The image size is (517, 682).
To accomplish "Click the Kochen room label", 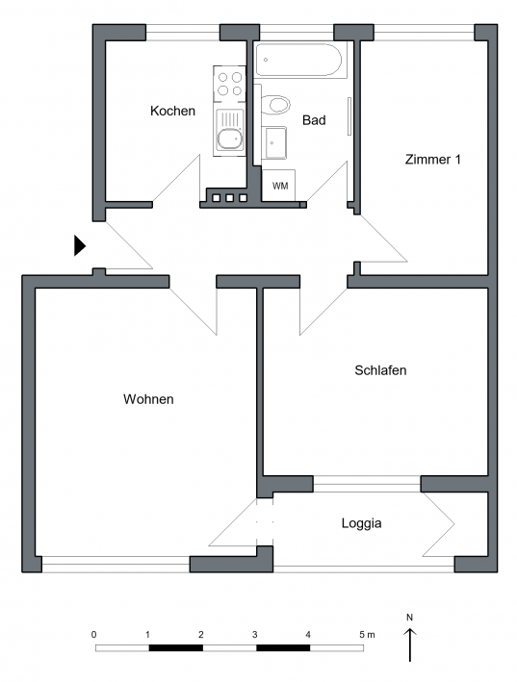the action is pos(172,111).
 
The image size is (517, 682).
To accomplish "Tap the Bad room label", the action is pos(314,120).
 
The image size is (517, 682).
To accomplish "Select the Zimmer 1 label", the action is pos(432,159).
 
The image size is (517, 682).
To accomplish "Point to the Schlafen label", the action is pos(380,370).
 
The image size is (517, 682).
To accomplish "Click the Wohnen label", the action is pos(148,399).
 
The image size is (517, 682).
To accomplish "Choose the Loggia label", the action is pos(361,523).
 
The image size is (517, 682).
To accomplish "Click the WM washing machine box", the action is pos(279,186).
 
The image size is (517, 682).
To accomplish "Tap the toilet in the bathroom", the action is pos(275,105).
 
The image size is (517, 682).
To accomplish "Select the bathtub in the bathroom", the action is pos(299,60).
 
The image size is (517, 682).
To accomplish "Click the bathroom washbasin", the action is pos(276,142).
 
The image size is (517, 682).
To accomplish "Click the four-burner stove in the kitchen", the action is pos(229,84).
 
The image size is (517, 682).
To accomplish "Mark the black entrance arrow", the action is pos(80,245).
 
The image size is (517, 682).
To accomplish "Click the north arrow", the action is pos(409,644).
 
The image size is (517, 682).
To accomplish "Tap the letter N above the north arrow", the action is pos(409,618).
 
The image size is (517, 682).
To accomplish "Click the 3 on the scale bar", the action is pos(254,635).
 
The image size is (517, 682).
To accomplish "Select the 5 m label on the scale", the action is pos(367,635).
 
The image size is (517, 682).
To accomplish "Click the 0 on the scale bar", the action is pos(94,635).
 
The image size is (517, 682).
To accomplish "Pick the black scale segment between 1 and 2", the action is pos(176,648).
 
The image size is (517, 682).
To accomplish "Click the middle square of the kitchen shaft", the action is pos(230,198).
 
